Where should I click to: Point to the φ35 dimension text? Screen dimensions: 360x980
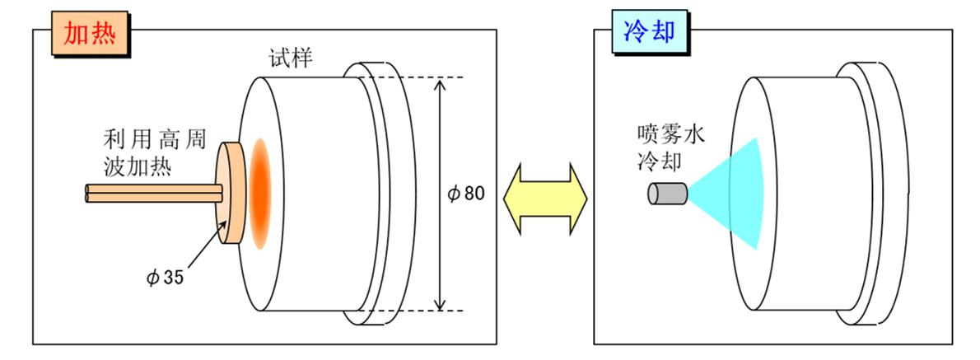[166, 277]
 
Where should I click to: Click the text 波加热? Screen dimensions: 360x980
[138, 165]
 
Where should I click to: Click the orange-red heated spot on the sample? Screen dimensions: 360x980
[260, 194]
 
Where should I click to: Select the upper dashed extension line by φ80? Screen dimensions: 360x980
[420, 77]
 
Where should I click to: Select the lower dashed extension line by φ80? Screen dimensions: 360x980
[420, 311]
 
